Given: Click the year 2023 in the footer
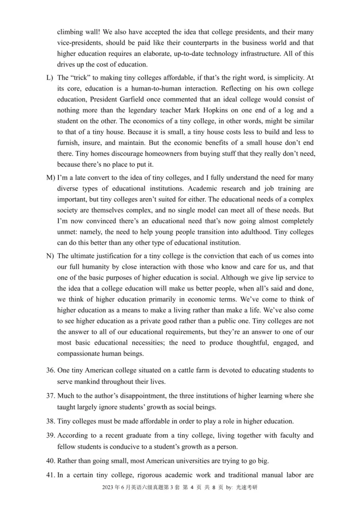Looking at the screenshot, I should [108, 487].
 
